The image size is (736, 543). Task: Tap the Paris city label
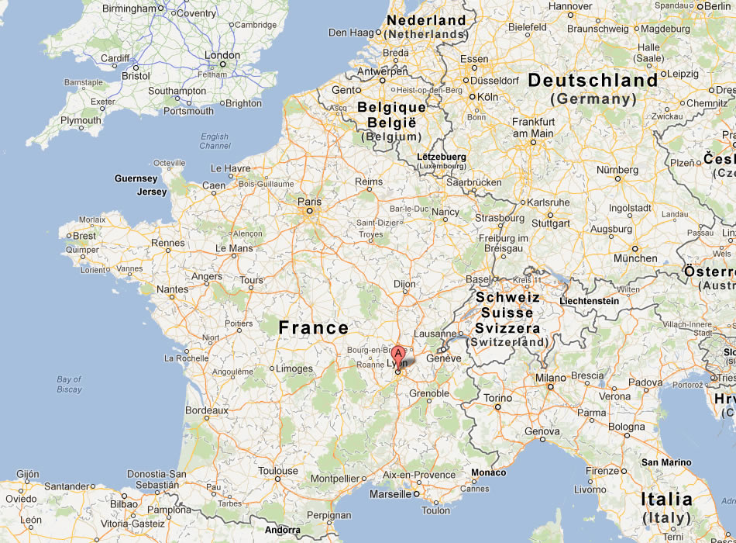coord(309,202)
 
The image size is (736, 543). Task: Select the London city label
coord(222,56)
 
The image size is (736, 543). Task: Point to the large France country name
coord(314,328)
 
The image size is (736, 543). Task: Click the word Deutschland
coord(593,81)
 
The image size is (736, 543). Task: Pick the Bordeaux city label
coord(206,410)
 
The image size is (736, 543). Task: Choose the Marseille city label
coord(390,494)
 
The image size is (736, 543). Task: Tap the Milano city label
coord(550,378)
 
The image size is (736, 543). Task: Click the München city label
coord(635,258)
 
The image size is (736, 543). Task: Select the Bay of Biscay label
coord(69,384)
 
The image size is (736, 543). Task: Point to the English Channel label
coord(215,141)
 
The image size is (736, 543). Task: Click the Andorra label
coord(282,531)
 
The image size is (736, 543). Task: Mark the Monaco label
coord(488,472)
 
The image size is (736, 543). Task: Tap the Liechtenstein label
coord(589,301)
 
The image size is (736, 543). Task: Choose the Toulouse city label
coord(278,471)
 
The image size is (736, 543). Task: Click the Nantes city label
coord(172,289)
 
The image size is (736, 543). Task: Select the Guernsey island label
coord(136,178)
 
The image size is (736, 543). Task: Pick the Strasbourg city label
coord(500,218)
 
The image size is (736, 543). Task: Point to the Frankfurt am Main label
coord(533,127)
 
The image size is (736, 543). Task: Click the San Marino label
coord(666,462)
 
